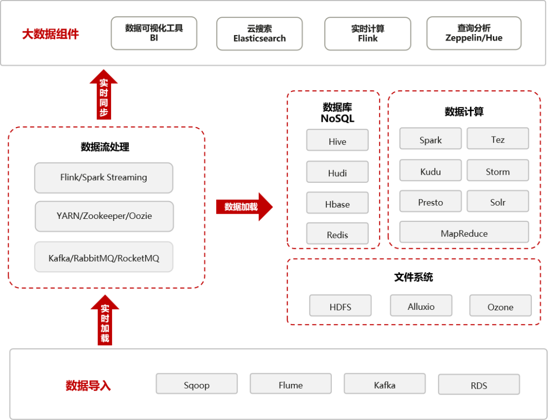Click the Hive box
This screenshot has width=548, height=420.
tap(337, 140)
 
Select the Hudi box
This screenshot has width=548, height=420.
tap(337, 172)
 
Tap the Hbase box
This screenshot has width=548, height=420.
tap(337, 203)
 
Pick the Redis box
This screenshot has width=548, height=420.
tap(337, 234)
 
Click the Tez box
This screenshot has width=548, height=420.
tap(498, 139)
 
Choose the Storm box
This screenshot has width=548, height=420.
tap(498, 171)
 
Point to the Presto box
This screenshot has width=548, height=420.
tap(430, 202)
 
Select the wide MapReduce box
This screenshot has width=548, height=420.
tap(464, 232)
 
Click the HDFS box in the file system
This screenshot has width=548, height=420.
tap(340, 306)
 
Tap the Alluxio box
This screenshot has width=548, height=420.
tap(421, 305)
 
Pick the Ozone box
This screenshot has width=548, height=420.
tap(500, 306)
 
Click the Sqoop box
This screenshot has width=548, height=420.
tap(196, 384)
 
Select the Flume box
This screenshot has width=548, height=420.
tap(290, 384)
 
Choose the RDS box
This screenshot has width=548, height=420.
tap(478, 384)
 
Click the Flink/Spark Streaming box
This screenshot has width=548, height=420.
tap(104, 178)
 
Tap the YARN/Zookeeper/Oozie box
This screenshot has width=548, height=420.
tap(104, 216)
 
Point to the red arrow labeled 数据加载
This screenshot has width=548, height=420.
tap(244, 207)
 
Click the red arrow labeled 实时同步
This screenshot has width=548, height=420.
tap(104, 95)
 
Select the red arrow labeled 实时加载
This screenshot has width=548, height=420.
tap(105, 321)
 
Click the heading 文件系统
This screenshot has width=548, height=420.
tap(414, 278)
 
